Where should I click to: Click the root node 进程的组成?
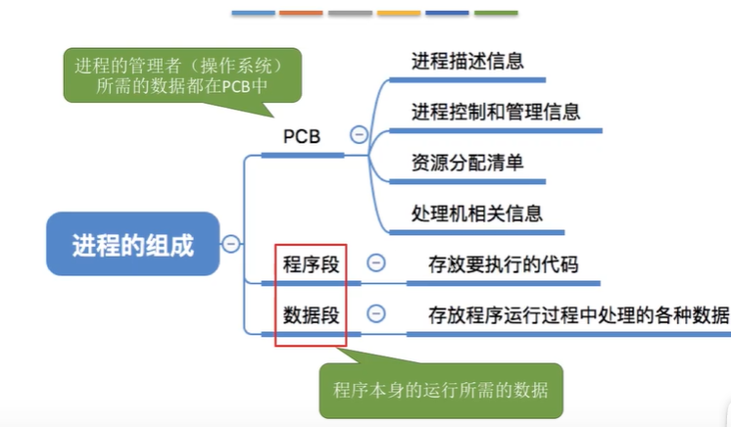click(132, 244)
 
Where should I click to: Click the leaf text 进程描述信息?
click(467, 61)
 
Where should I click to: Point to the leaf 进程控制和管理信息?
click(496, 112)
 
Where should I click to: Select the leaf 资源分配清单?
click(467, 163)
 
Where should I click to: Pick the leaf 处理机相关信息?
click(477, 213)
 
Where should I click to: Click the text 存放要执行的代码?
click(503, 263)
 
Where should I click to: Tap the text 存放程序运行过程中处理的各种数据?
click(578, 314)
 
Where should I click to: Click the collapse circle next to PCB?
click(359, 136)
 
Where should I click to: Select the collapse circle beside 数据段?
click(375, 314)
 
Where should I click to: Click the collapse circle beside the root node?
click(231, 244)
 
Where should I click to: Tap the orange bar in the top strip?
click(301, 14)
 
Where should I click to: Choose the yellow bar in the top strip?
click(398, 14)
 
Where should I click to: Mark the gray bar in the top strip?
click(350, 14)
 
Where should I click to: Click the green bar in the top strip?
click(496, 14)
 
